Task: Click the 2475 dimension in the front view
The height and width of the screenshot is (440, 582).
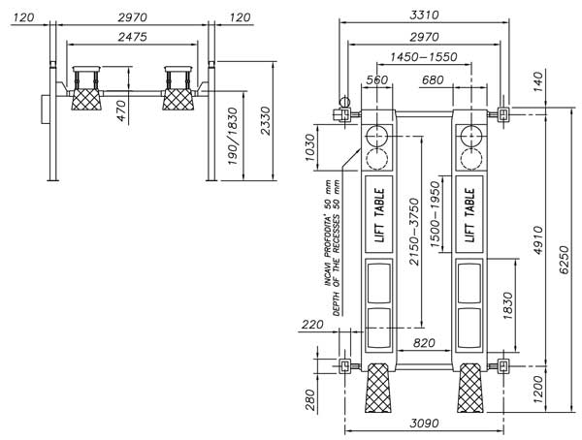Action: tap(133, 37)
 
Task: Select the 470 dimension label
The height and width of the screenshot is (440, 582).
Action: tap(122, 111)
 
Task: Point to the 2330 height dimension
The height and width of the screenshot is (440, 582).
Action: tap(266, 121)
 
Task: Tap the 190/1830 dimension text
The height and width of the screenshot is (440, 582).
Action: tap(233, 136)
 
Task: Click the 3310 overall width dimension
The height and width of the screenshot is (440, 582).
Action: tap(424, 16)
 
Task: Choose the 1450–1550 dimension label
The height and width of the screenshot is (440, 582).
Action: tap(424, 57)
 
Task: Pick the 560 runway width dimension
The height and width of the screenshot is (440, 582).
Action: tap(376, 79)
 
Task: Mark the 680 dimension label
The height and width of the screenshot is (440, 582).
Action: tap(433, 79)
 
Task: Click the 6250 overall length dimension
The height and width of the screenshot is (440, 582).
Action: tap(564, 260)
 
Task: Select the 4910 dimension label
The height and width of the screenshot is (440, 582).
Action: tap(538, 240)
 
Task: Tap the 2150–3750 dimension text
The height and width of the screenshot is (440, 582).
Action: tap(414, 232)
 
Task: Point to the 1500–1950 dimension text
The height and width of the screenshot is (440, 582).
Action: tap(435, 215)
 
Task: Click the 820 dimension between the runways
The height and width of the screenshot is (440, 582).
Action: tap(424, 343)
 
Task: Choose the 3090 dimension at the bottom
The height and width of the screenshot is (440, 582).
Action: tap(424, 423)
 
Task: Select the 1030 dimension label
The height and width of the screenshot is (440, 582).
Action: tap(310, 147)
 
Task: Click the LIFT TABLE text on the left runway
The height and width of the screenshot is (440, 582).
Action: tap(379, 215)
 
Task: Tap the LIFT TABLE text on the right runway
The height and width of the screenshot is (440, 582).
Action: tap(469, 215)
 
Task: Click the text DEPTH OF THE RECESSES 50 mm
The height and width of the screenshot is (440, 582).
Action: tap(337, 248)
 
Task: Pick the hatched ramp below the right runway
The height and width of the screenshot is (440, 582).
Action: tap(469, 388)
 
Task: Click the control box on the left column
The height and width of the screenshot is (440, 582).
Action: tap(45, 109)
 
